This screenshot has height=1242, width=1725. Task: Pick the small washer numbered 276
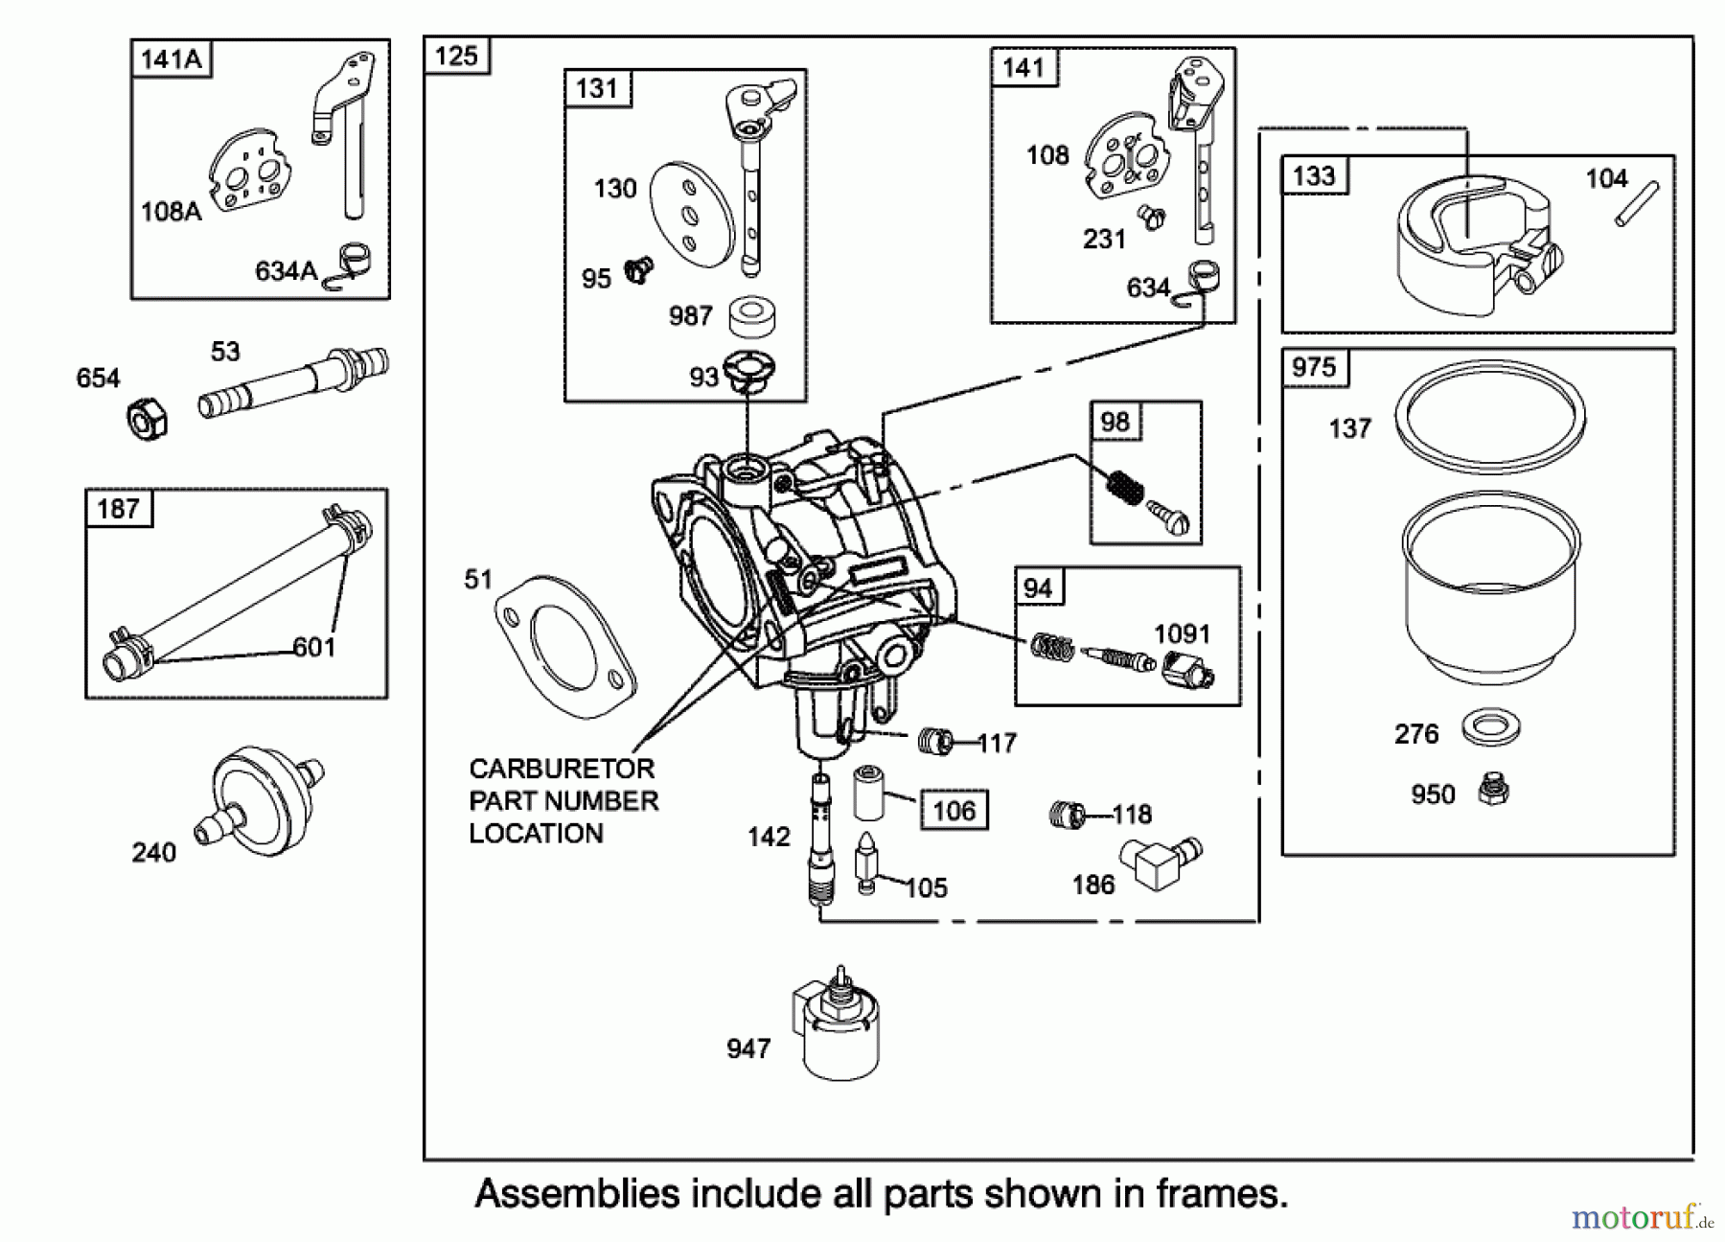tap(1491, 727)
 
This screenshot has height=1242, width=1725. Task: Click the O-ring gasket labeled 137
tap(1489, 415)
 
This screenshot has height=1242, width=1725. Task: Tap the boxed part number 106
tap(954, 811)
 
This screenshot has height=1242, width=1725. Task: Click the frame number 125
tap(456, 56)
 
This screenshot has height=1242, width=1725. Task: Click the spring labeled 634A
tap(352, 262)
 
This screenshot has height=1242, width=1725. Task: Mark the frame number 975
tap(1314, 368)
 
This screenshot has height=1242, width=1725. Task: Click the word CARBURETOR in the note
tap(562, 769)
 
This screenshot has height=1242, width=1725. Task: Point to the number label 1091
tap(1182, 633)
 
